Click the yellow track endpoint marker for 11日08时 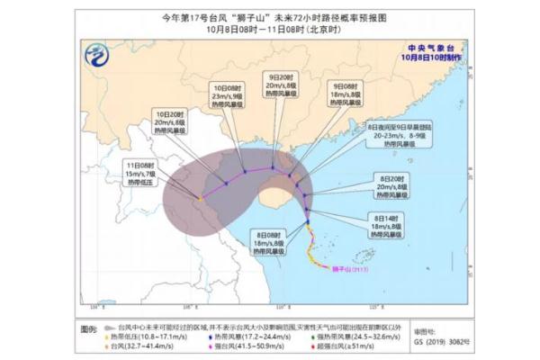point(199,199)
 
